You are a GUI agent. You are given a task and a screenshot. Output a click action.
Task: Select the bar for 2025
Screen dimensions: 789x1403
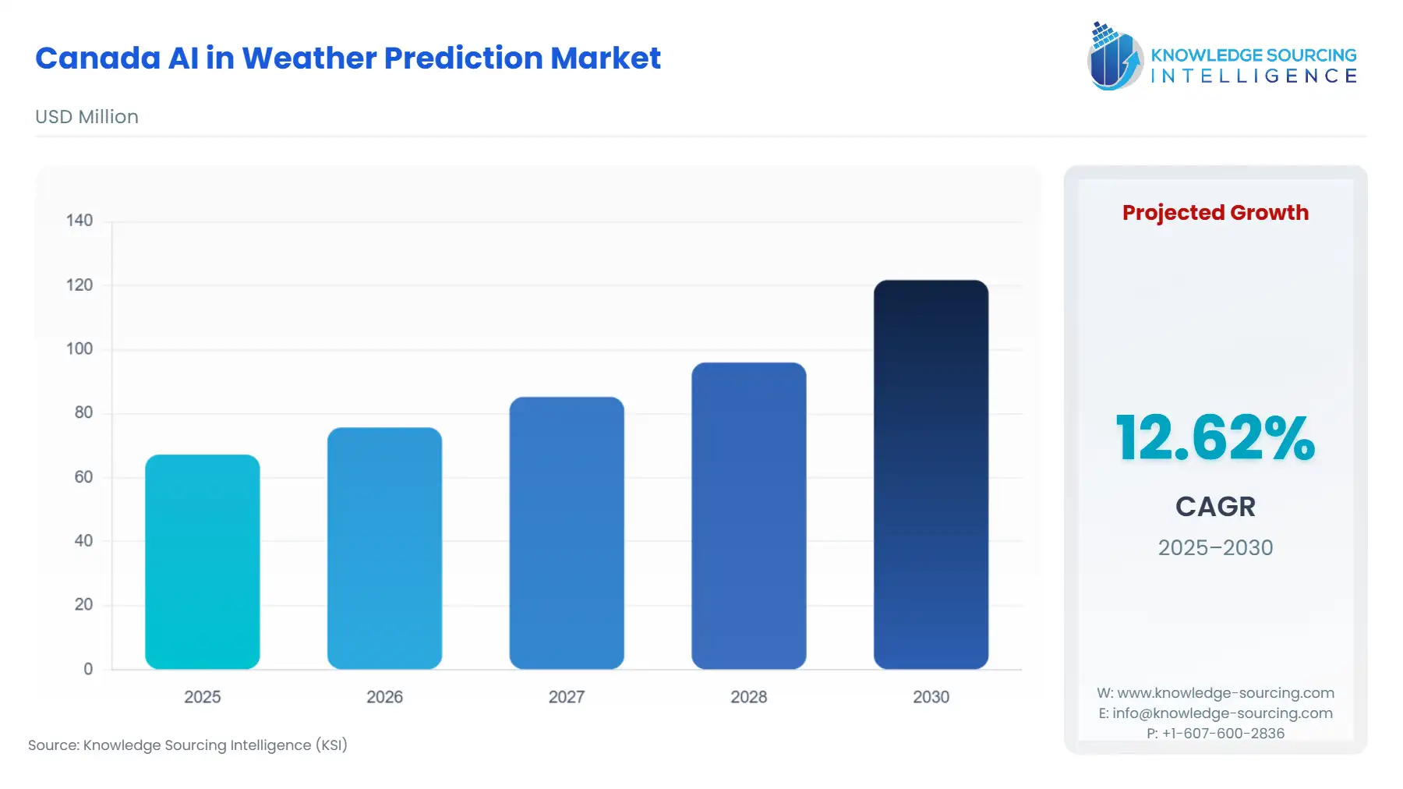(x=202, y=561)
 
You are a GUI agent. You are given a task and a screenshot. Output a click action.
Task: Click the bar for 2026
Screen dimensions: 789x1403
(x=384, y=548)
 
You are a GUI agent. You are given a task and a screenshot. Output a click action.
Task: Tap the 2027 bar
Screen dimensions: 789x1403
(x=567, y=532)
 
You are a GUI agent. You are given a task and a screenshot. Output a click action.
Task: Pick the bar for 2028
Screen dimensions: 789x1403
(x=748, y=515)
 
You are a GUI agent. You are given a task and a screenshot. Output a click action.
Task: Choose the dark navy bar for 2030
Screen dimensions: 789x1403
(x=931, y=474)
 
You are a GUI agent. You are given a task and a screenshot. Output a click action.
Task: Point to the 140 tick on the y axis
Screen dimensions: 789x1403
(x=80, y=221)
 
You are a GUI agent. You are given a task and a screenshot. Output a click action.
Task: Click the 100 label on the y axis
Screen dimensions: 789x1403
(x=80, y=349)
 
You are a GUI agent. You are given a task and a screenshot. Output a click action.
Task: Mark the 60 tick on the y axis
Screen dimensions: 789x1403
(x=83, y=476)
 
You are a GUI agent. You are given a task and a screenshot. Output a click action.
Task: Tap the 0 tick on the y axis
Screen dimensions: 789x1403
(x=88, y=669)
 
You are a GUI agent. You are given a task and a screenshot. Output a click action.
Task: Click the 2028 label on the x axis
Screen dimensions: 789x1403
(x=748, y=697)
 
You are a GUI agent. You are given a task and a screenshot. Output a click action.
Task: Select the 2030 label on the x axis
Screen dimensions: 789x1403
(x=931, y=697)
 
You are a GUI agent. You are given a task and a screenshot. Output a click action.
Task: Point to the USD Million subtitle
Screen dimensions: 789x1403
(x=87, y=117)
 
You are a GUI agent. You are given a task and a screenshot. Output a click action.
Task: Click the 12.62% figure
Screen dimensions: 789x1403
(x=1214, y=438)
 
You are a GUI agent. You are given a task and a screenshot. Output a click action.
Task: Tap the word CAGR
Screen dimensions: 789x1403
(x=1214, y=507)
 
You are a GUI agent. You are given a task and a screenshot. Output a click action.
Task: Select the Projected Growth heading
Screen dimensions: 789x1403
(x=1214, y=213)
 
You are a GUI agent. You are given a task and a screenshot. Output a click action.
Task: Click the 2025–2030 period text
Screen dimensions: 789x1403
(x=1214, y=547)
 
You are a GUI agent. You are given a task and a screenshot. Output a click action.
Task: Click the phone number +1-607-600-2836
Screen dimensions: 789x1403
(x=1222, y=733)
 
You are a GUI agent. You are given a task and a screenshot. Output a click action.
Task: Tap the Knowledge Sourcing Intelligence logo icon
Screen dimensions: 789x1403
(x=1114, y=56)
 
